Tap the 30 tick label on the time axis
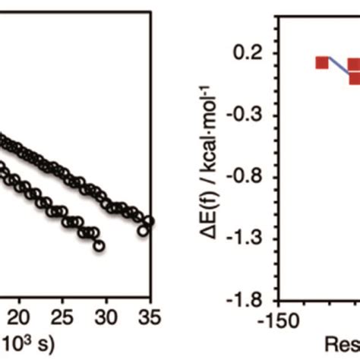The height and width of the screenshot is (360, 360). point(108,314)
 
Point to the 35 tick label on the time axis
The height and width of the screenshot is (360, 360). point(149,314)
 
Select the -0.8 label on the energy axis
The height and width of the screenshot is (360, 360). point(251,177)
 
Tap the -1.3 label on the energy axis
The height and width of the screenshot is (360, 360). point(251,238)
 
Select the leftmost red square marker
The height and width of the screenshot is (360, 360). point(322,62)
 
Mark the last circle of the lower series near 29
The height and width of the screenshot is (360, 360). point(99,245)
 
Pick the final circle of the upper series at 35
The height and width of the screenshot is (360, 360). point(149,222)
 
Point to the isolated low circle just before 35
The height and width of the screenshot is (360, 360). point(142,229)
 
